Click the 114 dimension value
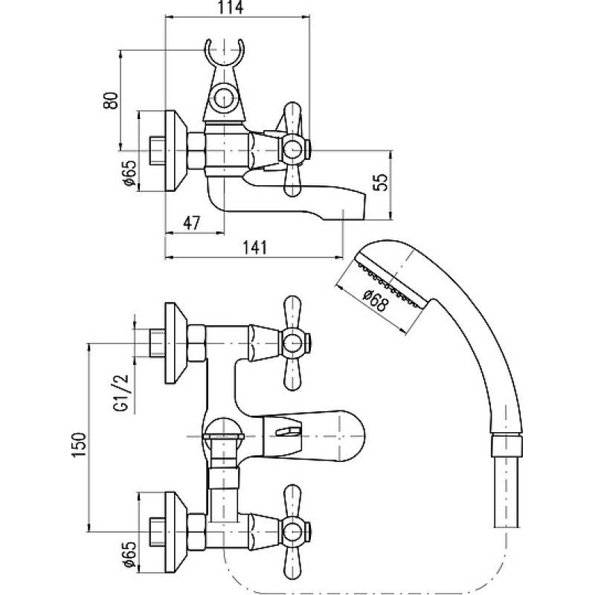[231, 8]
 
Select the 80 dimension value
[111, 100]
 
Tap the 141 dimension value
[254, 248]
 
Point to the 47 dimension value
[191, 222]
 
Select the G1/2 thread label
[121, 393]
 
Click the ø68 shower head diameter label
[376, 300]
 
